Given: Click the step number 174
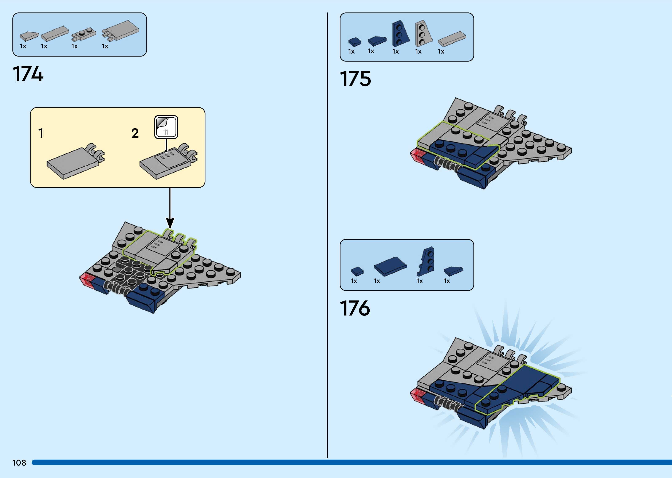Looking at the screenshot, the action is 28,74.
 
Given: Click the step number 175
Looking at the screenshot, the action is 355,79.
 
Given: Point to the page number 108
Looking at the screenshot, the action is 19,463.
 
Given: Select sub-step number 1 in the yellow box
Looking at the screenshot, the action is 41,133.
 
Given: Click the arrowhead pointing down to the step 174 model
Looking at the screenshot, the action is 170,223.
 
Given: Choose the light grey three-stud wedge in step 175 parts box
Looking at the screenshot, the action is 423,34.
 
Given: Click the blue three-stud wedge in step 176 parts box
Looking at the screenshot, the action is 426,261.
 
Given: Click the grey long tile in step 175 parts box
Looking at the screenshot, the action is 452,39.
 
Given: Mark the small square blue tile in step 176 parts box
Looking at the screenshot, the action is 357,271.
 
